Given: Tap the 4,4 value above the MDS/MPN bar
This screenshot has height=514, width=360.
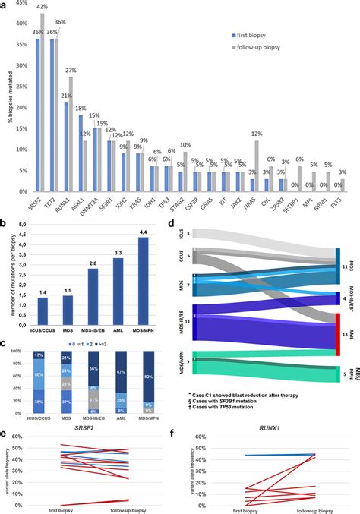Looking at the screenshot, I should pos(141,231).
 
